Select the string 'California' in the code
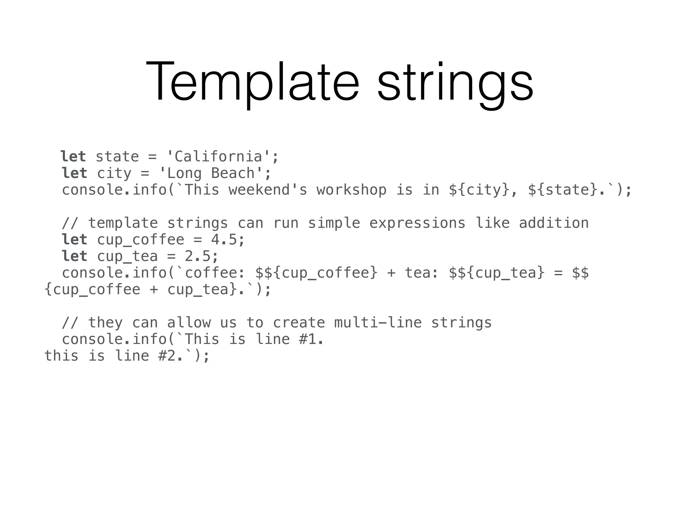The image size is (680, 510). click(x=218, y=157)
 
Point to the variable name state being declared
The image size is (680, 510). click(x=117, y=157)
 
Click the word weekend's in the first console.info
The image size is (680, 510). click(x=268, y=190)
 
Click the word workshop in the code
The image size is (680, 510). click(x=351, y=190)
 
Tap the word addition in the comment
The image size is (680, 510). click(x=553, y=223)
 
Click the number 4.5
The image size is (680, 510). click(x=224, y=240)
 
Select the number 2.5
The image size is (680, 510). click(x=198, y=256)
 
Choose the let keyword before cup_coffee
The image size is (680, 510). click(x=74, y=240)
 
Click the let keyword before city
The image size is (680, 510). click(x=74, y=173)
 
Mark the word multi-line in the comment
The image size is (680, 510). click(x=378, y=323)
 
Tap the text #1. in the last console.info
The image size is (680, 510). click(x=311, y=339)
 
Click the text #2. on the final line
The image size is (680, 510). click(x=170, y=356)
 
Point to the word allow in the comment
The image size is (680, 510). click(x=189, y=323)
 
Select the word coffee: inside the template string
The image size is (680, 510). click(x=215, y=273)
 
